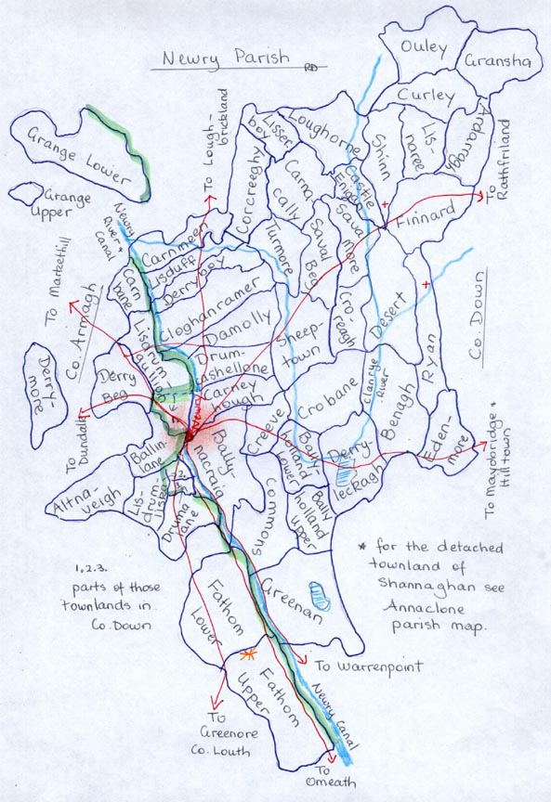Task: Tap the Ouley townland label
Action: [x=424, y=47]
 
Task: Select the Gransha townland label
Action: [x=500, y=61]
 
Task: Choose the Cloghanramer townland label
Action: [x=205, y=301]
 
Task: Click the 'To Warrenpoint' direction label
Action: [x=369, y=666]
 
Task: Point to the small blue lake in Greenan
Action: [x=317, y=591]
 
